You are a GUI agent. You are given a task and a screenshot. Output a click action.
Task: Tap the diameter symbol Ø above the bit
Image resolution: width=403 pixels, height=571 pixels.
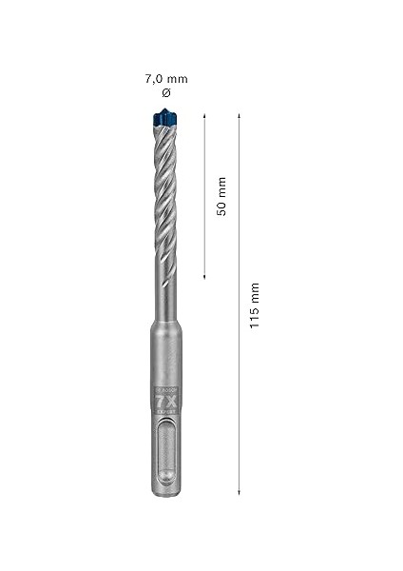(166, 92)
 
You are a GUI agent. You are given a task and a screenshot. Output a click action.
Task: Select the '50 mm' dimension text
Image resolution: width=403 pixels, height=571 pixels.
(221, 196)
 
